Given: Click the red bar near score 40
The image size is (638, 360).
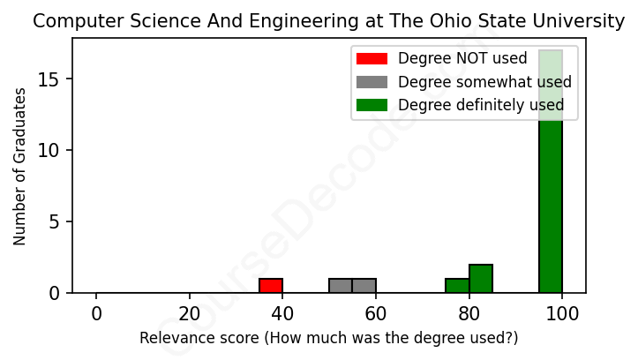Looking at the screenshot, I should [271, 286].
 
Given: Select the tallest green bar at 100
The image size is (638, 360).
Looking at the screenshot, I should [551, 176].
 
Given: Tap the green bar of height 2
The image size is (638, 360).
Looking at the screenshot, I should [481, 279].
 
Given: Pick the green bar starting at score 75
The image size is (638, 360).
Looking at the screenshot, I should [457, 286].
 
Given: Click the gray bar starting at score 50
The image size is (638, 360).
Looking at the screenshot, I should [341, 286].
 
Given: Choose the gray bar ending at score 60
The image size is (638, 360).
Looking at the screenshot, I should [364, 286].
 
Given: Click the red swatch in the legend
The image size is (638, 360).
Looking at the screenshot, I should [372, 59].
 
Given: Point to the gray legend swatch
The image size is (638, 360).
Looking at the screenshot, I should [372, 82].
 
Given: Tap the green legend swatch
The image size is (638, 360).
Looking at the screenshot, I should [372, 106].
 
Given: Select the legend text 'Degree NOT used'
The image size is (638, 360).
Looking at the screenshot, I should [462, 59].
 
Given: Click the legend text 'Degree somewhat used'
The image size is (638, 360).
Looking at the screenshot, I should [484, 82].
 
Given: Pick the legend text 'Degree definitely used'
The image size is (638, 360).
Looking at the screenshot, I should [481, 106].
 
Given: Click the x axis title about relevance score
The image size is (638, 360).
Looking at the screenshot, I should [328, 338].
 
